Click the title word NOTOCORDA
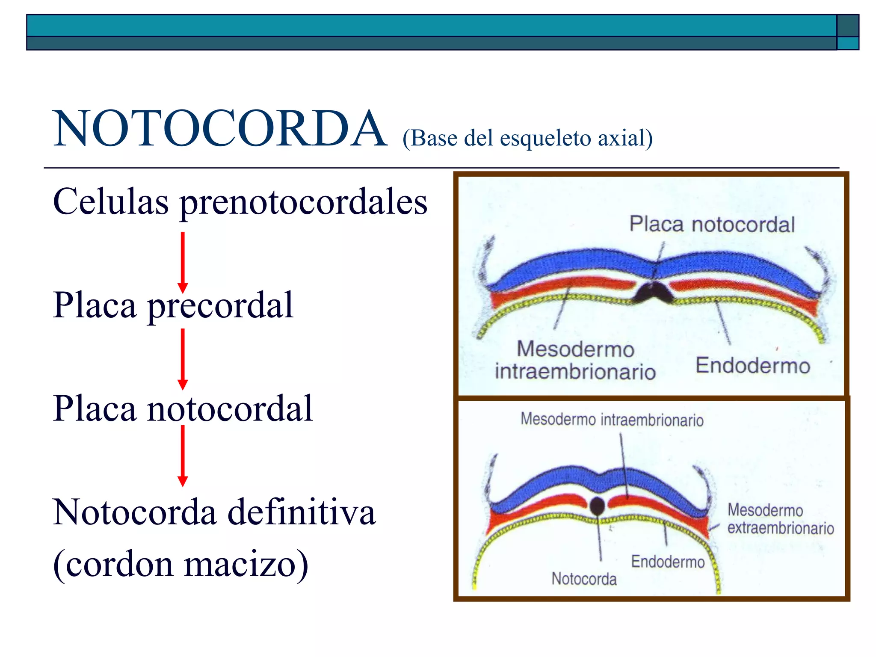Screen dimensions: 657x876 coord(220,128)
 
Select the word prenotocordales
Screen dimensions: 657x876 coord(304,202)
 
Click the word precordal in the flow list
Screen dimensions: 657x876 coord(220,305)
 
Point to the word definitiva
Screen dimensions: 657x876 coord(302,512)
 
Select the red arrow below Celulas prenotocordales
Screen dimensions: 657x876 coord(183,262)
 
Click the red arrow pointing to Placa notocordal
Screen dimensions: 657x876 coord(183,359)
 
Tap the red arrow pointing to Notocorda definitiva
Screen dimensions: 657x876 coord(183,456)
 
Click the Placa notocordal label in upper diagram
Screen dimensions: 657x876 coord(712,225)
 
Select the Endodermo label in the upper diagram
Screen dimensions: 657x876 coord(753,366)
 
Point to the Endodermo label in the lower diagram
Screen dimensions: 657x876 coord(668,562)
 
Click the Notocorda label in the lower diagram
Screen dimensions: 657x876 coord(584,579)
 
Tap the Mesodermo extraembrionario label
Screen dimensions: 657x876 coord(780,519)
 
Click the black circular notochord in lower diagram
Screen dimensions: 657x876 coord(597,506)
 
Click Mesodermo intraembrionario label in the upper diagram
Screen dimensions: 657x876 coord(575,360)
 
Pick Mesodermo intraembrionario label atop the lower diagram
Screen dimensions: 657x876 coord(612,420)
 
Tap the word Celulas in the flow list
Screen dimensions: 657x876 coord(111,202)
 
